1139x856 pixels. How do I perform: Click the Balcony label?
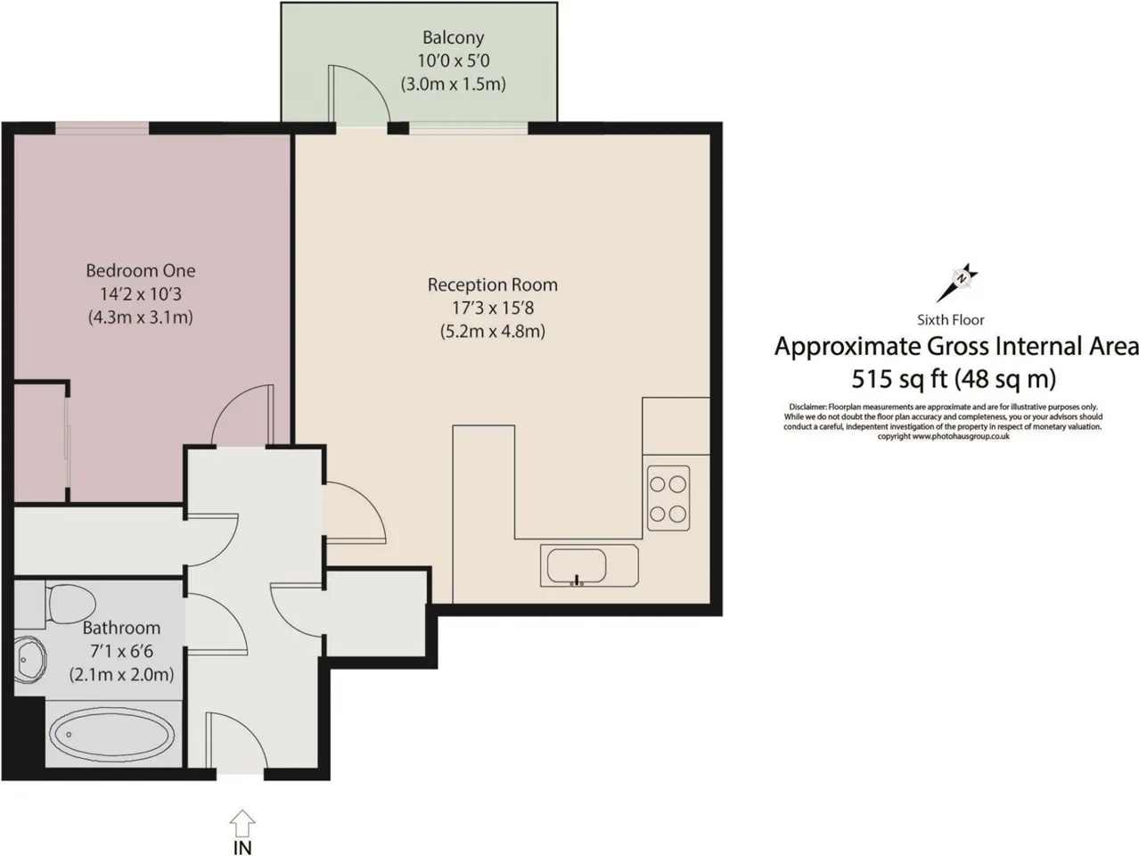(x=453, y=37)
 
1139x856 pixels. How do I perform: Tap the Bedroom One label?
(x=141, y=270)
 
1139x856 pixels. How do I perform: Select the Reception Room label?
(x=493, y=284)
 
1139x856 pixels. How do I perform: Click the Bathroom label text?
(x=121, y=628)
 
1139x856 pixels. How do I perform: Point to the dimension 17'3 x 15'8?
(x=493, y=308)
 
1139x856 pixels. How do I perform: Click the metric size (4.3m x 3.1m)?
(x=141, y=317)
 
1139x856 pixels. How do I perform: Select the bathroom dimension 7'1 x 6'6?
(x=121, y=651)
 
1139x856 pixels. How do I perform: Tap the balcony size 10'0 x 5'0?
(x=453, y=61)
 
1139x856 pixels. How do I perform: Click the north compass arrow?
(x=957, y=284)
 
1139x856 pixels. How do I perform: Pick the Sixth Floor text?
(x=951, y=320)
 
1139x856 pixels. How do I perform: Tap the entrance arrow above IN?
(x=242, y=823)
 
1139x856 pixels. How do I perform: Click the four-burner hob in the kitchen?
(x=668, y=498)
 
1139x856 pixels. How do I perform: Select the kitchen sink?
(x=589, y=565)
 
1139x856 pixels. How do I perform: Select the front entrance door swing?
(x=236, y=740)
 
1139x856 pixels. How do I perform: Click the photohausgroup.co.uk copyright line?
(x=943, y=437)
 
